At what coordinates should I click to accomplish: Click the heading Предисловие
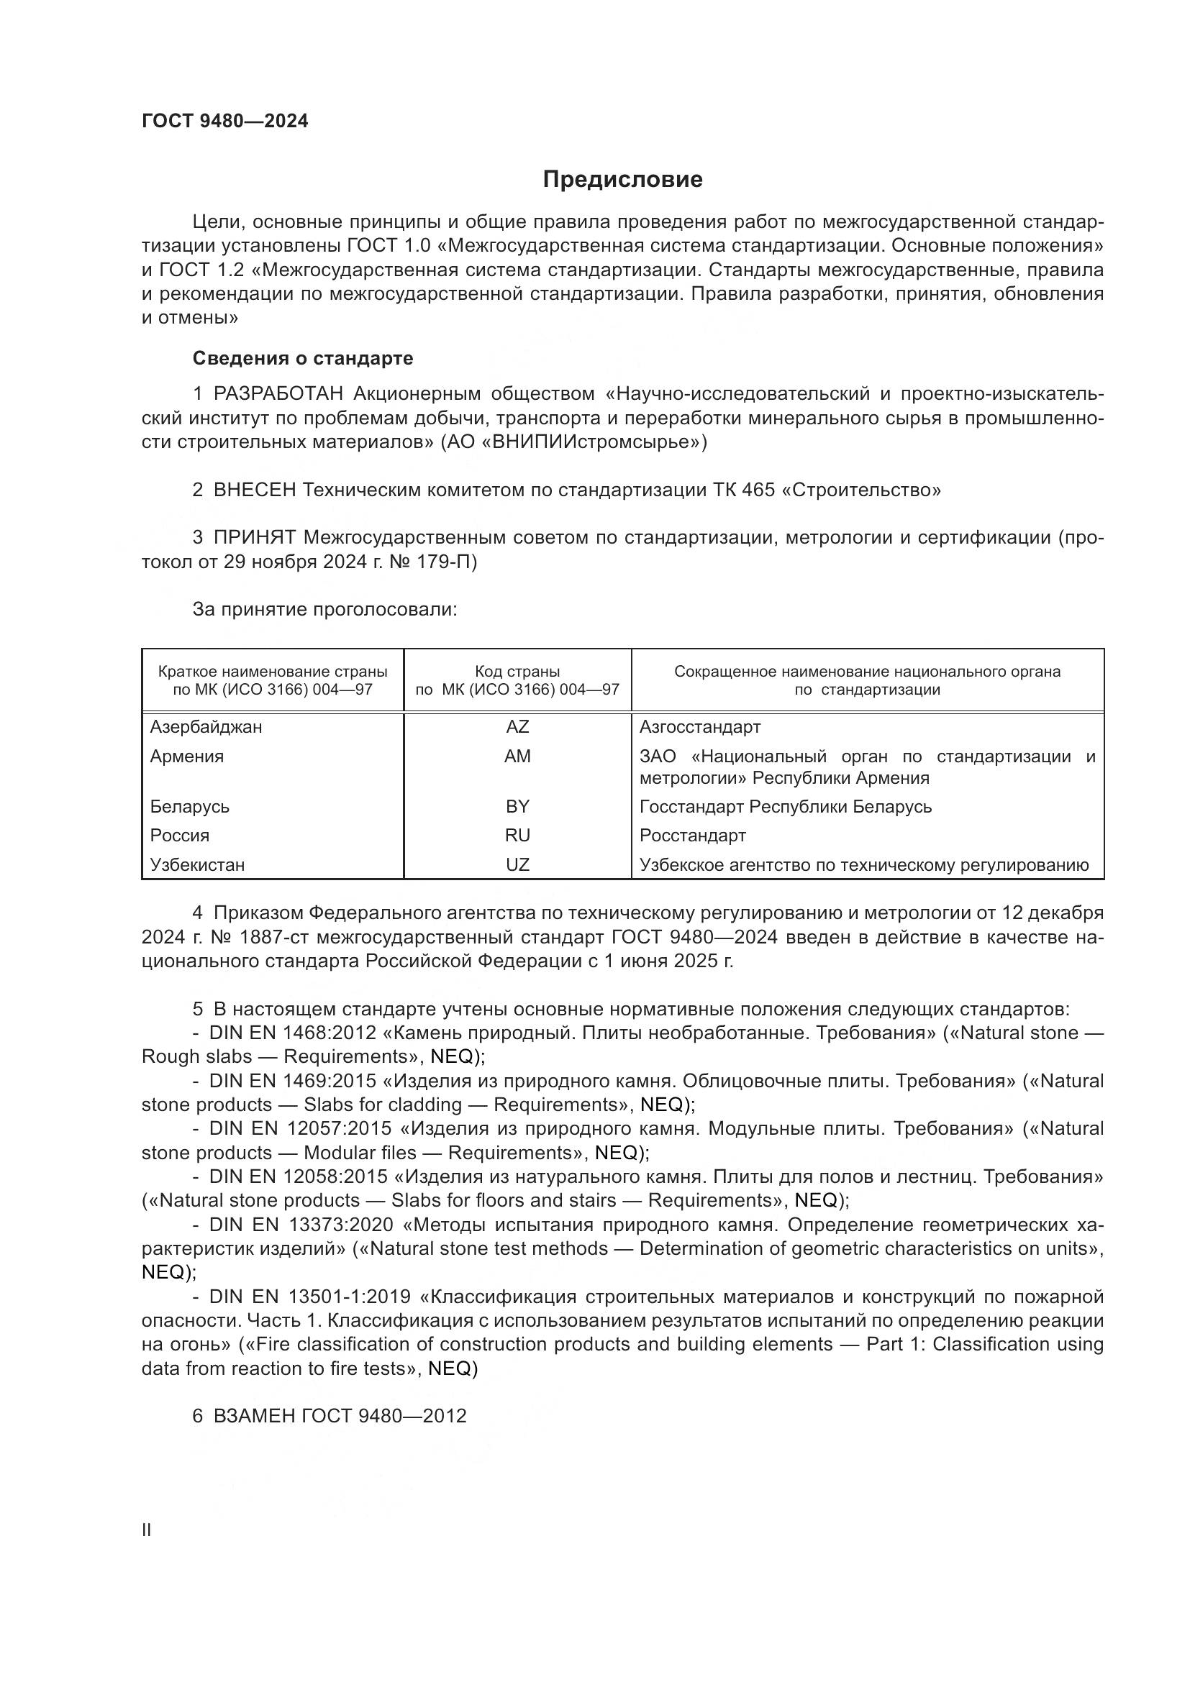622,180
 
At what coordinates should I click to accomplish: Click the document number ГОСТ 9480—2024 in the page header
225,122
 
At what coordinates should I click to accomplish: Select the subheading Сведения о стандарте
303,358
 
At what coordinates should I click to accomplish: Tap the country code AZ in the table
517,728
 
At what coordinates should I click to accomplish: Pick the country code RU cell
517,836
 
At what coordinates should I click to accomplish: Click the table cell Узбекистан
197,865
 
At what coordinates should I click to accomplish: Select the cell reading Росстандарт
692,836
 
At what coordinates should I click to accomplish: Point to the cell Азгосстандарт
700,728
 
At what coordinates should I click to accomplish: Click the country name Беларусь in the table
190,808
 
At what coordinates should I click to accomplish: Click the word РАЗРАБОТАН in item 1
278,394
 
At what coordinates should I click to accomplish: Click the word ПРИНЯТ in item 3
254,538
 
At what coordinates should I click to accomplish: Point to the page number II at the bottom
147,1530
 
